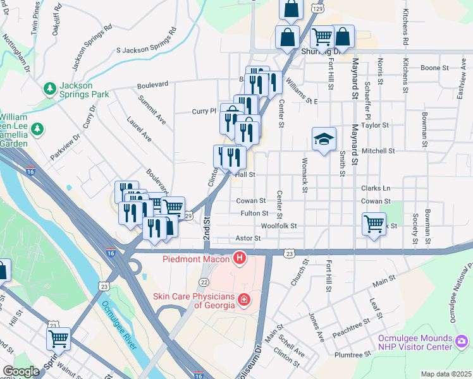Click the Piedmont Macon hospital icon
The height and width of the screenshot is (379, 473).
(240, 258)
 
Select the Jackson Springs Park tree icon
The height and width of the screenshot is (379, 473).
(49, 87)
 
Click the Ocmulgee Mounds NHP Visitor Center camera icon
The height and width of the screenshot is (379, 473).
(462, 341)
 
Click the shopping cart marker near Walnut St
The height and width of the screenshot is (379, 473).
(58, 339)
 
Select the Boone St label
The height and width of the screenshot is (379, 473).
(434, 67)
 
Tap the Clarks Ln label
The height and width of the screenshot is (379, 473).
(376, 188)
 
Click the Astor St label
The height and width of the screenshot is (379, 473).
(248, 238)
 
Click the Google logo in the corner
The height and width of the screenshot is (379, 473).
(21, 371)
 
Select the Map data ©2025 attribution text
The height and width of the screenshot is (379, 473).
(446, 374)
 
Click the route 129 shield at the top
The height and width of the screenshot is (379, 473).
(319, 10)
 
